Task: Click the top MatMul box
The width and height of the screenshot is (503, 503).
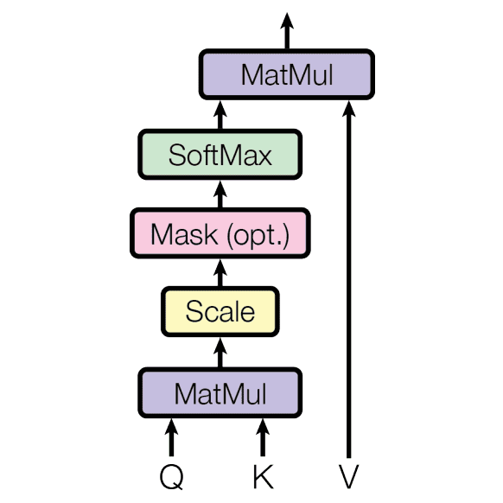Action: pyautogui.click(x=287, y=74)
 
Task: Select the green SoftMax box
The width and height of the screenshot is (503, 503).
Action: pyautogui.click(x=220, y=155)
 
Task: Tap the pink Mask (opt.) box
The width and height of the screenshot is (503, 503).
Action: pyautogui.click(x=220, y=233)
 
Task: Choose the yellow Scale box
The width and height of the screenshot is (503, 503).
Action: pyautogui.click(x=220, y=312)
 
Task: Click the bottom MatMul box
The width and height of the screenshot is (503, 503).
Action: pyautogui.click(x=220, y=393)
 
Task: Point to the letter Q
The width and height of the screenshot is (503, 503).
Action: pyautogui.click(x=172, y=477)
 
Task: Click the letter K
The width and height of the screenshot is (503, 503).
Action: pyautogui.click(x=263, y=476)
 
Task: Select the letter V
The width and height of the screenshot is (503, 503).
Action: pyautogui.click(x=348, y=476)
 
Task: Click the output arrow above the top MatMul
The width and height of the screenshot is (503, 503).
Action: pyautogui.click(x=287, y=31)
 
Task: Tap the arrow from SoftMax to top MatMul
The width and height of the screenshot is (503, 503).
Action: pyautogui.click(x=220, y=115)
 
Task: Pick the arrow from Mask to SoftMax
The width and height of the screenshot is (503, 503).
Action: pyautogui.click(x=220, y=194)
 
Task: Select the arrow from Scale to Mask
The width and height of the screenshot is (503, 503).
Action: pyautogui.click(x=220, y=273)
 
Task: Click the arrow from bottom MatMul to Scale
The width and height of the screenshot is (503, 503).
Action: pyautogui.click(x=220, y=353)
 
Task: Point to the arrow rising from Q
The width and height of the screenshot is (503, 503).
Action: pyautogui.click(x=172, y=437)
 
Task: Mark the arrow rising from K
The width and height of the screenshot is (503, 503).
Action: pyautogui.click(x=263, y=437)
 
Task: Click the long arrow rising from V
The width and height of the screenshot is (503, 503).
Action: pyautogui.click(x=348, y=279)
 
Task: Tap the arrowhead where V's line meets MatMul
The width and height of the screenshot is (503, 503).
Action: pyautogui.click(x=348, y=108)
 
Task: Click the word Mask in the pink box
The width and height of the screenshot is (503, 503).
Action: pyautogui.click(x=184, y=234)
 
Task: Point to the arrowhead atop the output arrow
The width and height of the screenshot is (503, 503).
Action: pyautogui.click(x=287, y=21)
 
